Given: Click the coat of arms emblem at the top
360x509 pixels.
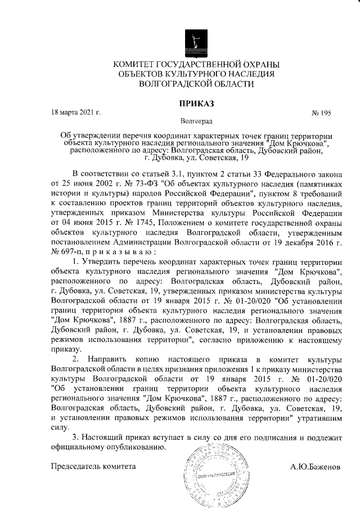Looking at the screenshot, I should pyautogui.click(x=195, y=42).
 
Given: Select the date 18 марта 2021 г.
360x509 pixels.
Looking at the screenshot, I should pyautogui.click(x=75, y=112).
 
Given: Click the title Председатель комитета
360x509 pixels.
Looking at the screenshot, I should pyautogui.click(x=93, y=467).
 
